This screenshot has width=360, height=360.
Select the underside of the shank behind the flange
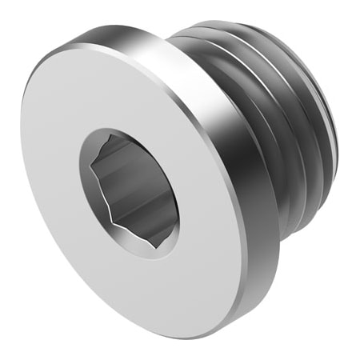pos(296,216)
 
